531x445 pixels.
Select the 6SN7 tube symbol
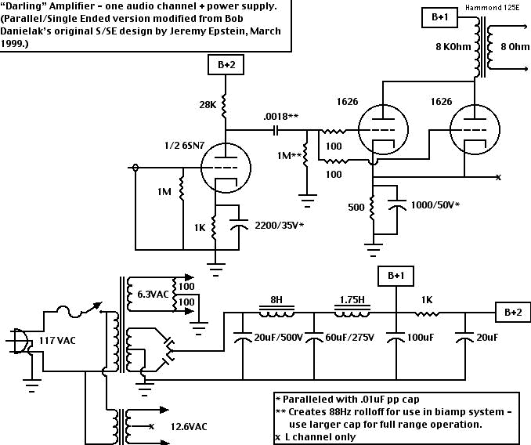[x=225, y=167]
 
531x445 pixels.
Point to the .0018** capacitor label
[x=282, y=117]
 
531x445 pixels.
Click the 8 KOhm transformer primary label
[x=453, y=47]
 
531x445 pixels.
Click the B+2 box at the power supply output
[x=512, y=312]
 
